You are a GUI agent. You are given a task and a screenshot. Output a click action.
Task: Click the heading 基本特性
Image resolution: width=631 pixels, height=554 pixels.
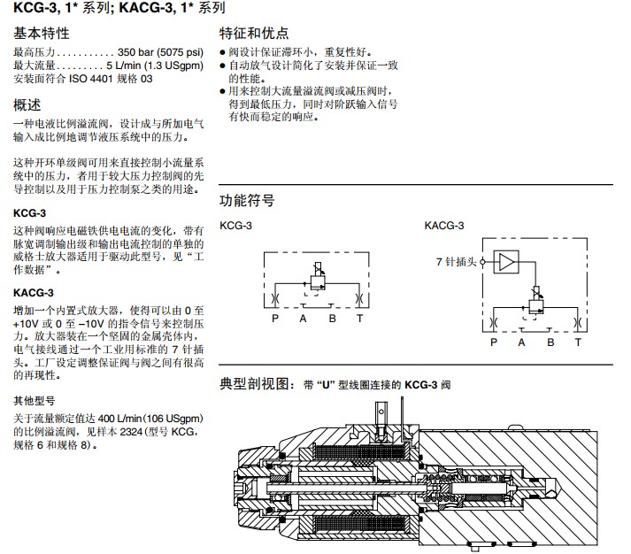[41, 34]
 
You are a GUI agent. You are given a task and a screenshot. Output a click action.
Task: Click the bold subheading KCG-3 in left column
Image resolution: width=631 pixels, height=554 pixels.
[30, 213]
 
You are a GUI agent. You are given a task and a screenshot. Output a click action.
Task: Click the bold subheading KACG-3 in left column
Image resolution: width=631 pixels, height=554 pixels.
[34, 293]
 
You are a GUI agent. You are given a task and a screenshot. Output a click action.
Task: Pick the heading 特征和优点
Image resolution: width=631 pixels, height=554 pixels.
[254, 34]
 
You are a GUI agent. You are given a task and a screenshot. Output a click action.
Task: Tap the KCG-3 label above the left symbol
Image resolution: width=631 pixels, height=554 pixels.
[235, 226]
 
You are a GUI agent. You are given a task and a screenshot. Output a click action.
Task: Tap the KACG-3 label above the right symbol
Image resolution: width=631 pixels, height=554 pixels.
[444, 226]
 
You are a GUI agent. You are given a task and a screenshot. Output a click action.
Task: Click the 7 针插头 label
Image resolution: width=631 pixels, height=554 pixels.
[457, 262]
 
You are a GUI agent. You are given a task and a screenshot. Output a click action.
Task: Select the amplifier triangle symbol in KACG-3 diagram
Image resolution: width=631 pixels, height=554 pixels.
[505, 262]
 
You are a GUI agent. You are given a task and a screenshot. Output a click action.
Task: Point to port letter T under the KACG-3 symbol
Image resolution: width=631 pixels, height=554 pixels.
[578, 342]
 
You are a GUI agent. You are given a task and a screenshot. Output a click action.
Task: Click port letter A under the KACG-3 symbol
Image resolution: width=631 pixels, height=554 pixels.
[521, 342]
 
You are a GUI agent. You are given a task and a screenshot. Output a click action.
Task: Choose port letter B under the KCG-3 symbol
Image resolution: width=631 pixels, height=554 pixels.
[332, 318]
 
